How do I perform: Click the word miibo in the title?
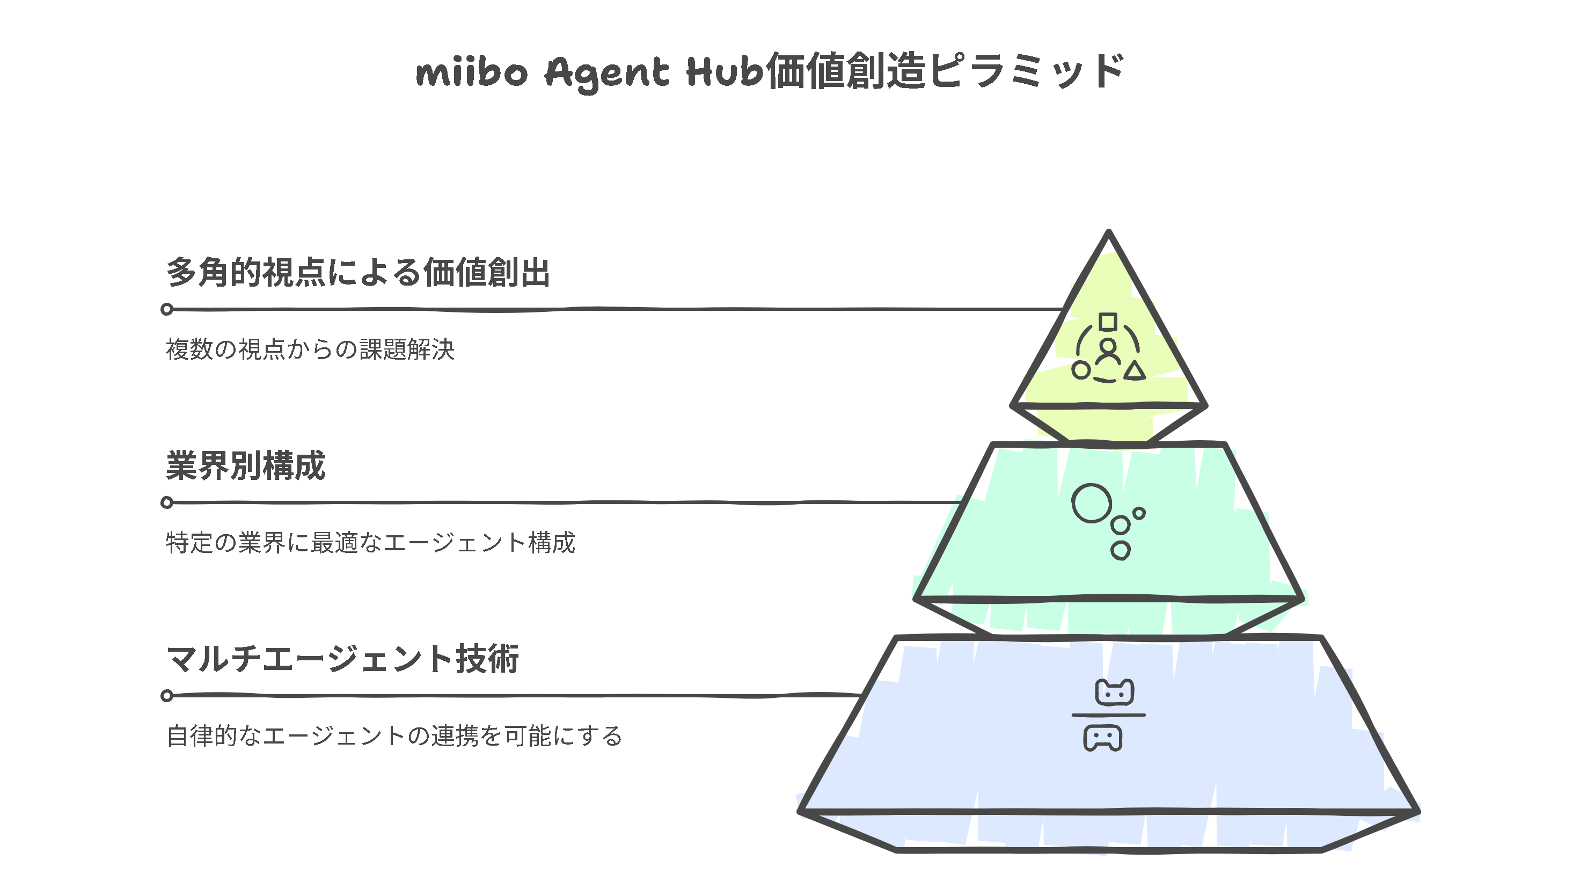471,72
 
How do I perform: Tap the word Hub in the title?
725,71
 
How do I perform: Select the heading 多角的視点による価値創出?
357,272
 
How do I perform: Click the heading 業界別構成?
245,465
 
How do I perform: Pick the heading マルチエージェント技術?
343,659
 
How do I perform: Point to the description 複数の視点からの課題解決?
310,349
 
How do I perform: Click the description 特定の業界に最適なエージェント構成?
370,543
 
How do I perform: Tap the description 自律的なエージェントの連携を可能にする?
394,736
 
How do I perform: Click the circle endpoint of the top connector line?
167,309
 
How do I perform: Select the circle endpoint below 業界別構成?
167,502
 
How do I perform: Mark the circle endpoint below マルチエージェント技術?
167,696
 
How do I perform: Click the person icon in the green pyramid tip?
1108,352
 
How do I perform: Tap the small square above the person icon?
1108,322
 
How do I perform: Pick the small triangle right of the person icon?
1135,371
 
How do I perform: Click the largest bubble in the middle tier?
1091,504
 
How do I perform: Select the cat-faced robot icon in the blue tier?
1115,693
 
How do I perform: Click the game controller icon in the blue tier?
1103,738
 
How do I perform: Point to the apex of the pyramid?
1108,233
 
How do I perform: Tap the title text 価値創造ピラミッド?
945,71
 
